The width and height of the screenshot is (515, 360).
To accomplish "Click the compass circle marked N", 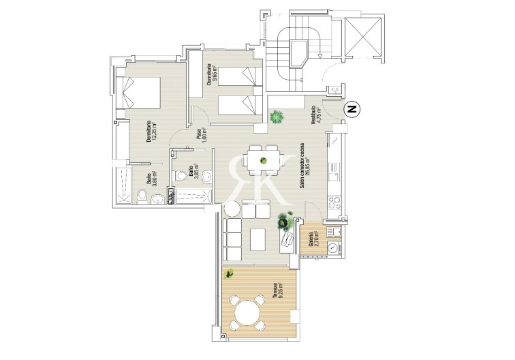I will pyautogui.click(x=352, y=108).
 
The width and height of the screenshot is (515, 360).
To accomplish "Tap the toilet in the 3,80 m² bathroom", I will pyautogui.click(x=142, y=197).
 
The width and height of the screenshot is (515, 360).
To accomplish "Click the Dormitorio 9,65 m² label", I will pyautogui.click(x=211, y=75).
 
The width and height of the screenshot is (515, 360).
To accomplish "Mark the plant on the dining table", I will pyautogui.click(x=264, y=162).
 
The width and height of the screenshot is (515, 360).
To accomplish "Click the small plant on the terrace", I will pyautogui.click(x=230, y=275).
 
